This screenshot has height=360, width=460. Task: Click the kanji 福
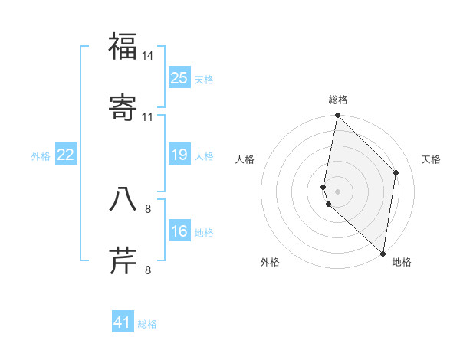point(123,47)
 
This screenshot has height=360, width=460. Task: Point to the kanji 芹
point(123,259)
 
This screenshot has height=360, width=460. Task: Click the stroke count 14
point(148,57)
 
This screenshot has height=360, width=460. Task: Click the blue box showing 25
point(179,77)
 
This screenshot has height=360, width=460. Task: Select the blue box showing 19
point(179,155)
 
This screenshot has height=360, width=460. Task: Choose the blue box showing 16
point(179,231)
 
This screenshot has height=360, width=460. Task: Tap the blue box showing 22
point(66,155)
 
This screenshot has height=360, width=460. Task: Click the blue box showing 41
point(123,322)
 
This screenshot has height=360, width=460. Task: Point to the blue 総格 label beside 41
point(147,324)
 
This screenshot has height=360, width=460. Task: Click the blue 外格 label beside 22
point(41,155)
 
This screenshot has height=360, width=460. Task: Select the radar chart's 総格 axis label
point(338,100)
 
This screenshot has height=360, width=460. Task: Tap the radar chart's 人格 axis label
point(245,159)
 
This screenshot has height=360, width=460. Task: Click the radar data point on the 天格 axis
point(396,172)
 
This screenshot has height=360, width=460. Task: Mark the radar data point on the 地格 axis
point(383,253)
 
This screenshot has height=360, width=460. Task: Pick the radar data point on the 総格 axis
point(338,116)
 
